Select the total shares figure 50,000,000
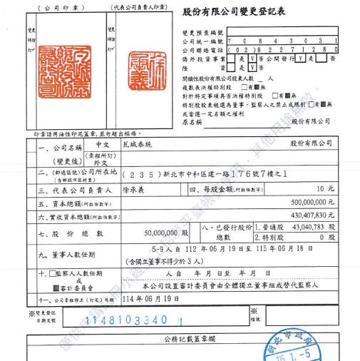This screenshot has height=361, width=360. [x=161, y=231]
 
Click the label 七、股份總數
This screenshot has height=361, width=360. [x=63, y=232]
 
